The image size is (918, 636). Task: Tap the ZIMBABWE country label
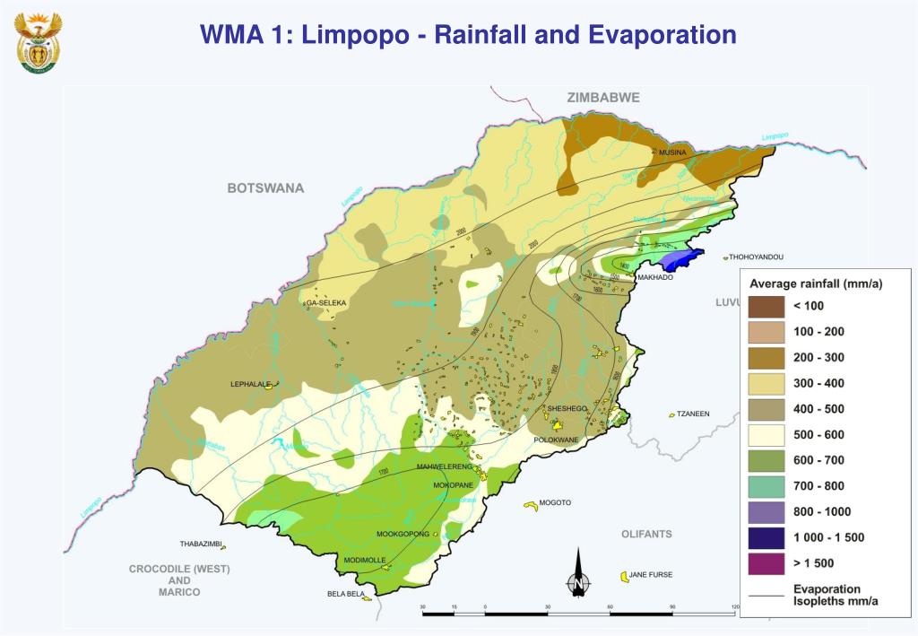602,98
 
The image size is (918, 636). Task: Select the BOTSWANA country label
265,188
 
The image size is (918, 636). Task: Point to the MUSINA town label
672,153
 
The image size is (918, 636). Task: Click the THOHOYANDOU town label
756,257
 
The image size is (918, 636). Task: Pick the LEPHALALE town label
250,384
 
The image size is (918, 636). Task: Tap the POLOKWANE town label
557,440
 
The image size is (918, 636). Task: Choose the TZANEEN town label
693,414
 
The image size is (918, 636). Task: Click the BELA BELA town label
345,594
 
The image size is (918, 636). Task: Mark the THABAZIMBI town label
200,544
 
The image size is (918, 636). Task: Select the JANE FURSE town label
650,574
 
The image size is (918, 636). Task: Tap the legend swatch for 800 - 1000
766,512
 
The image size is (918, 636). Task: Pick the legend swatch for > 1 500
766,563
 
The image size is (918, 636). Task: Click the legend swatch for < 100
766,306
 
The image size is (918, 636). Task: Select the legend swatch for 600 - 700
766,460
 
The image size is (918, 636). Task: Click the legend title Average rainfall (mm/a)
816,284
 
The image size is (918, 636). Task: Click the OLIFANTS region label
646,534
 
